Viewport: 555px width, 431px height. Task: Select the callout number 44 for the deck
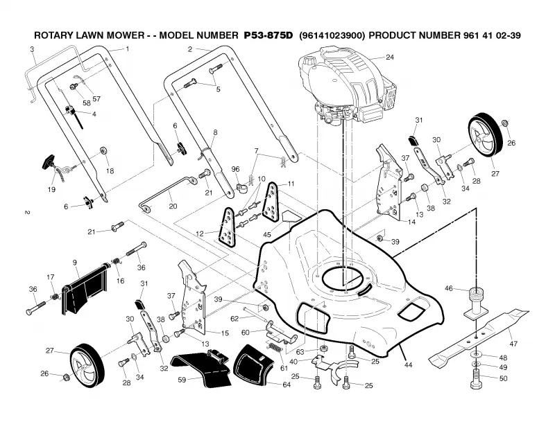point(408,365)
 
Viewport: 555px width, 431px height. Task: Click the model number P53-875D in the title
point(268,35)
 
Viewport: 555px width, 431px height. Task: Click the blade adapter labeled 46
point(476,303)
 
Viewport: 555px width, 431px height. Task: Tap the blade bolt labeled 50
point(477,379)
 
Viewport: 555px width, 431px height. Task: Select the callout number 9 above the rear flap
point(75,263)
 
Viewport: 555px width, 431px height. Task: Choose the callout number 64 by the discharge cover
point(287,385)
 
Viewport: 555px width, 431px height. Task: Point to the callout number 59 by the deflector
point(182,380)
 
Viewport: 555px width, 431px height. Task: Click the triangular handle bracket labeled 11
point(271,202)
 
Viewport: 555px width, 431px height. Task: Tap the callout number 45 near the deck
point(267,235)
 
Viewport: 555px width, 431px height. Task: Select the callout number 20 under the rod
point(173,206)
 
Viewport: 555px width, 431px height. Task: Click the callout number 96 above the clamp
point(235,169)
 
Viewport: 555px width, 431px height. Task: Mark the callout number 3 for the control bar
point(32,49)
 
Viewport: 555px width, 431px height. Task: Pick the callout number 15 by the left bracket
point(225,333)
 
